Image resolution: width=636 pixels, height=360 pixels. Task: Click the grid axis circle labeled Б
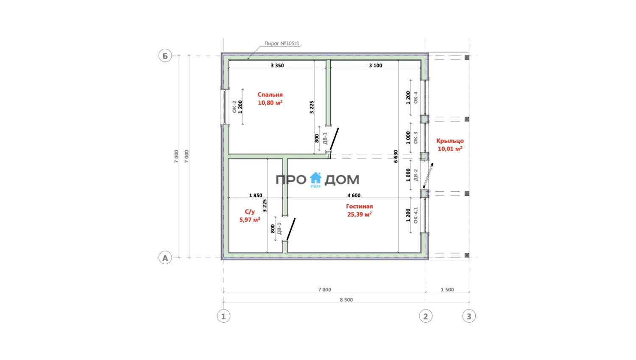tap(165, 56)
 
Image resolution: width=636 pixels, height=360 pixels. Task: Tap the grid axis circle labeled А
tap(165, 258)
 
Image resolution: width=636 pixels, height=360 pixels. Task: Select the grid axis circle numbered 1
tap(223, 316)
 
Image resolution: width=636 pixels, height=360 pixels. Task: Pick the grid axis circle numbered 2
tap(426, 316)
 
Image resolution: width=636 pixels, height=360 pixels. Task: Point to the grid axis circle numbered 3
tap(469, 316)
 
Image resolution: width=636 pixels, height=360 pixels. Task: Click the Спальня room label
tap(270, 95)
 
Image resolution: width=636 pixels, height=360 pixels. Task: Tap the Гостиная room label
tap(360, 207)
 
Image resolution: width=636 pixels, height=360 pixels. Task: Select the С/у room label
tap(250, 212)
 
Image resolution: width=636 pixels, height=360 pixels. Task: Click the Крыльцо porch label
tap(450, 141)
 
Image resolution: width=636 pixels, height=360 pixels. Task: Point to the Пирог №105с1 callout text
tap(282, 43)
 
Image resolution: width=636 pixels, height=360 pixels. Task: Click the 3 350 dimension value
tap(277, 66)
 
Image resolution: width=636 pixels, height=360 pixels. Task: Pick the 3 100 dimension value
tap(375, 66)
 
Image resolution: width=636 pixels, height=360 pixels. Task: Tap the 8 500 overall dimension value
tap(346, 300)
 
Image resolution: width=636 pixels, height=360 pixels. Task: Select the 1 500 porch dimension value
tap(447, 290)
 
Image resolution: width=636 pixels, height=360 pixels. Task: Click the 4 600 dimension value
tap(354, 195)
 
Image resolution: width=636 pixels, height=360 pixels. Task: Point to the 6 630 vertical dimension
tap(396, 156)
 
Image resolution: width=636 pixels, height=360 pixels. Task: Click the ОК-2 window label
tap(234, 107)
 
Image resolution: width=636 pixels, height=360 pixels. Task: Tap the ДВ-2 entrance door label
tap(416, 175)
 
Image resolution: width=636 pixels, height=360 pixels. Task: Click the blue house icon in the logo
tap(315, 178)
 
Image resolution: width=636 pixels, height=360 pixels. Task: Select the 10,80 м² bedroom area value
tap(270, 103)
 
